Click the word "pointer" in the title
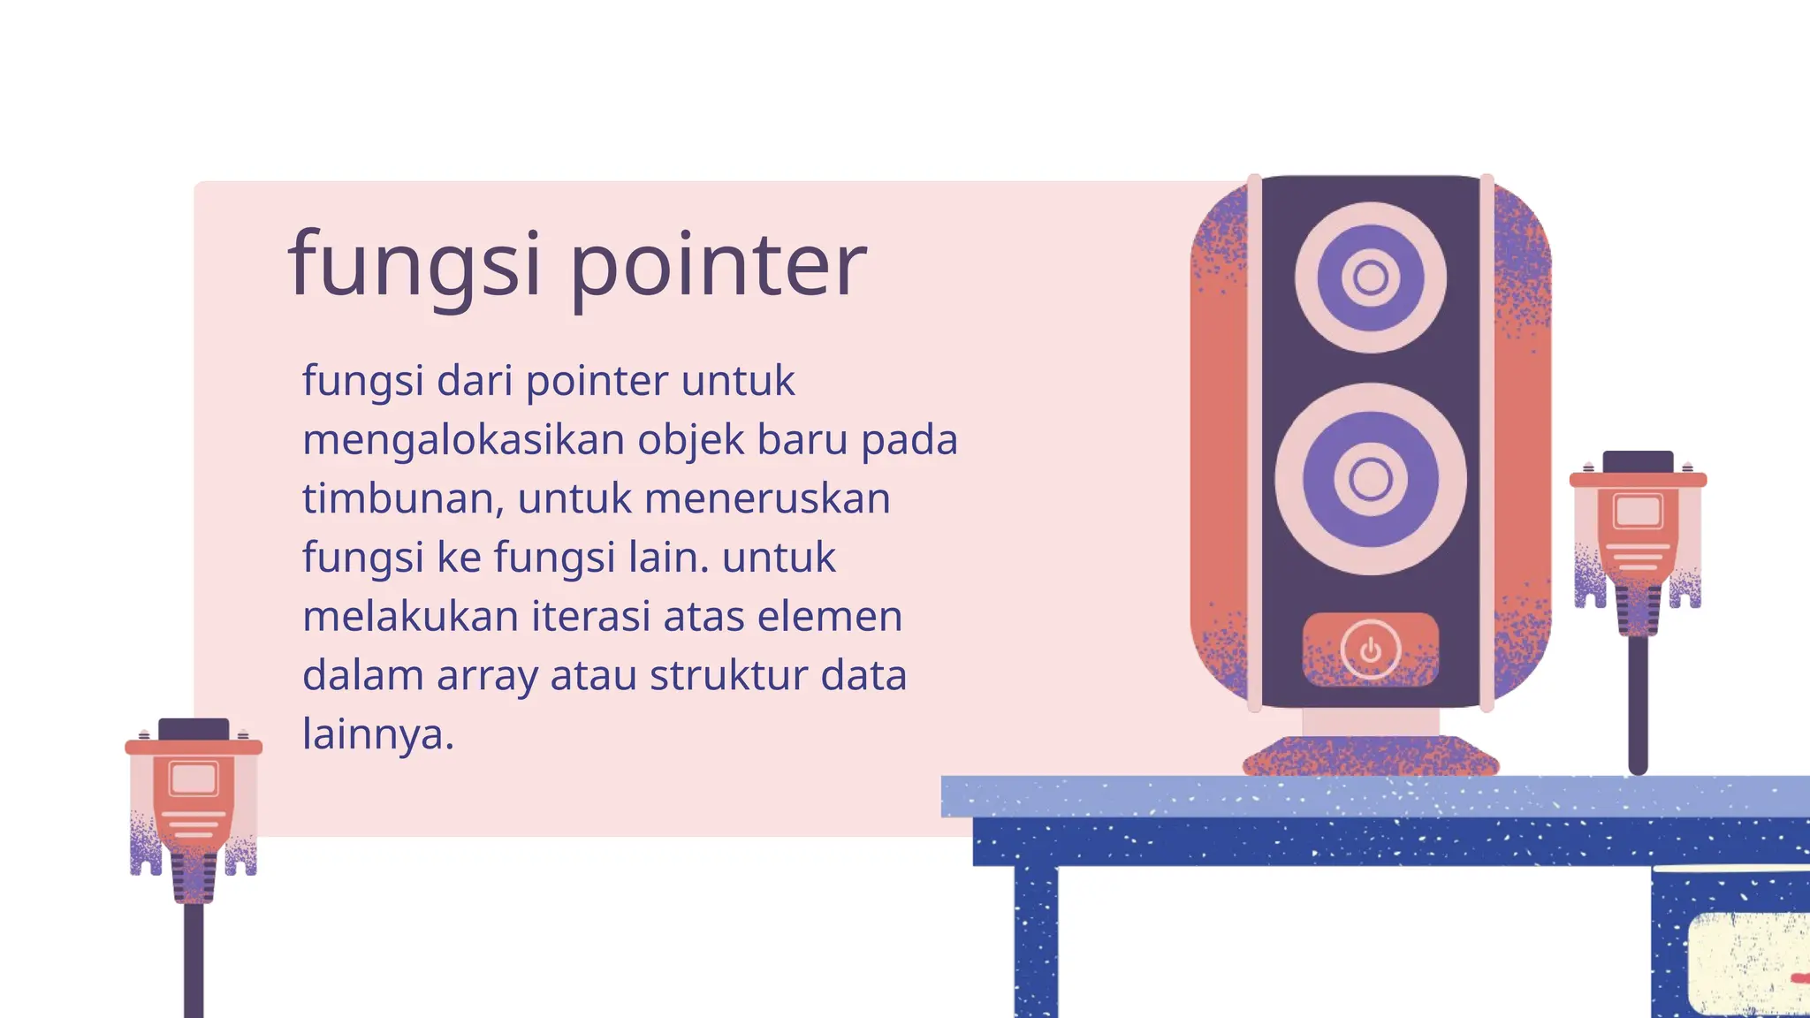(x=718, y=265)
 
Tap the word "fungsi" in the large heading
(x=414, y=265)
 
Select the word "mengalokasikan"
(x=464, y=440)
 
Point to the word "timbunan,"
(x=403, y=498)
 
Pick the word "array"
(x=487, y=676)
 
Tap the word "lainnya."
(x=378, y=733)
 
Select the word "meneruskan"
(x=767, y=498)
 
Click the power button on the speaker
(x=1370, y=650)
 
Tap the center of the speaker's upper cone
(x=1371, y=277)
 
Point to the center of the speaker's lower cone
(x=1371, y=479)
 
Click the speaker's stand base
(x=1371, y=756)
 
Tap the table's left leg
(x=1036, y=941)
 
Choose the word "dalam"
(x=362, y=675)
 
